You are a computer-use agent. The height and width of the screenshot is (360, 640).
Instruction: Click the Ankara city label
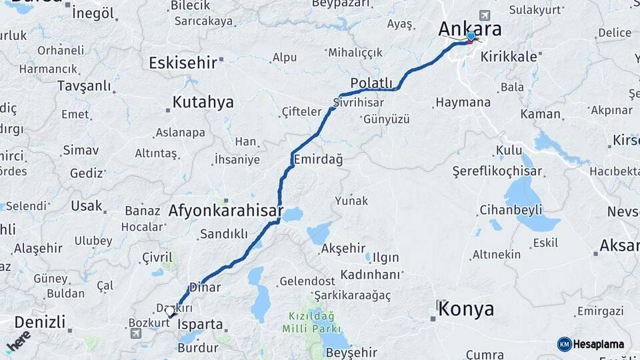469,28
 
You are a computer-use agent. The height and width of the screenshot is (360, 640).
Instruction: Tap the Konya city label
466,309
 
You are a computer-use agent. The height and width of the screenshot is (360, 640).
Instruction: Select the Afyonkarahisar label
226,211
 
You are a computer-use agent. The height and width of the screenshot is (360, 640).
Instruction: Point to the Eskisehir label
183,63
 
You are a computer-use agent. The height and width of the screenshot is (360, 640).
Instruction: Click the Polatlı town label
371,82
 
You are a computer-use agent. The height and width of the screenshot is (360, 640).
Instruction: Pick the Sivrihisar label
360,103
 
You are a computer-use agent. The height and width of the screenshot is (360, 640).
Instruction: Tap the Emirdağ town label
317,159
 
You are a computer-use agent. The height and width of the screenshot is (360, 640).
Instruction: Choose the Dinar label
205,287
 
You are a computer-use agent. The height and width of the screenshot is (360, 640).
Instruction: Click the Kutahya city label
203,102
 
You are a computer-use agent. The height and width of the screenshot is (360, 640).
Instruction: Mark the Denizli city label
39,323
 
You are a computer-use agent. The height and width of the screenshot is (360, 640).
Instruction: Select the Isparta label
201,325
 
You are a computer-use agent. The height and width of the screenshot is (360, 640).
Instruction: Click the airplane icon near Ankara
483,15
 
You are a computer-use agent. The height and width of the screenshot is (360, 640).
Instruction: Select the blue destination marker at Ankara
471,37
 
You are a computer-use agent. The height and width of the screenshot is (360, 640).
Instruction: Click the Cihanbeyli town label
511,210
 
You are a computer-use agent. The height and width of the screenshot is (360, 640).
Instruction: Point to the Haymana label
463,103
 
